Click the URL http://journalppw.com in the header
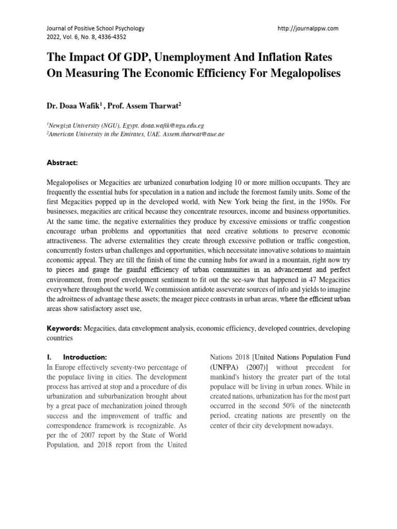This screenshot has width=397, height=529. pyautogui.click(x=308, y=28)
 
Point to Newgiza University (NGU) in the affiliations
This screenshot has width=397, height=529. pyautogui.click(x=78, y=126)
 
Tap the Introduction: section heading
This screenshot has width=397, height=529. pyautogui.click(x=84, y=357)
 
